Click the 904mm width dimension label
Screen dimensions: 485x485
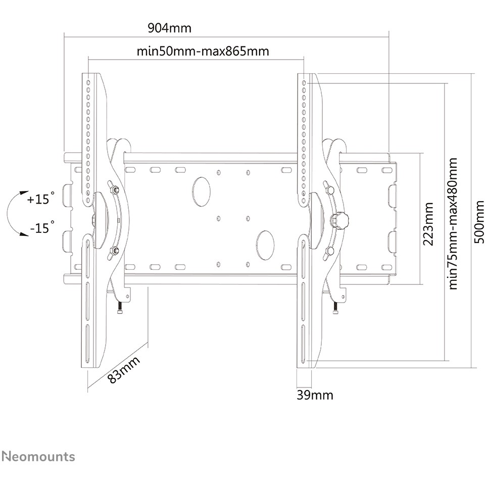click(170, 28)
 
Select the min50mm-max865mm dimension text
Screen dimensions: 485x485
click(203, 51)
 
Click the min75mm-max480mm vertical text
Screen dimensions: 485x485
click(453, 224)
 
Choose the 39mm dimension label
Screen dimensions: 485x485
click(315, 395)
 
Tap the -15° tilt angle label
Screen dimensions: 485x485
click(42, 227)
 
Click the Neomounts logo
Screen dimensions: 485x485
click(38, 457)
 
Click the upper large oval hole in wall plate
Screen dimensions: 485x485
click(201, 191)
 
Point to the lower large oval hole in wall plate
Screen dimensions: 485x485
click(265, 245)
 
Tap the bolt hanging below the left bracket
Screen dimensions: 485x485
click(120, 308)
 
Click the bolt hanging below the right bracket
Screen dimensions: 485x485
click(335, 308)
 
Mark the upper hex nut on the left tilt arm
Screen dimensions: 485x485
click(114, 189)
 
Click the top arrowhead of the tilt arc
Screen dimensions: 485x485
click(22, 193)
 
